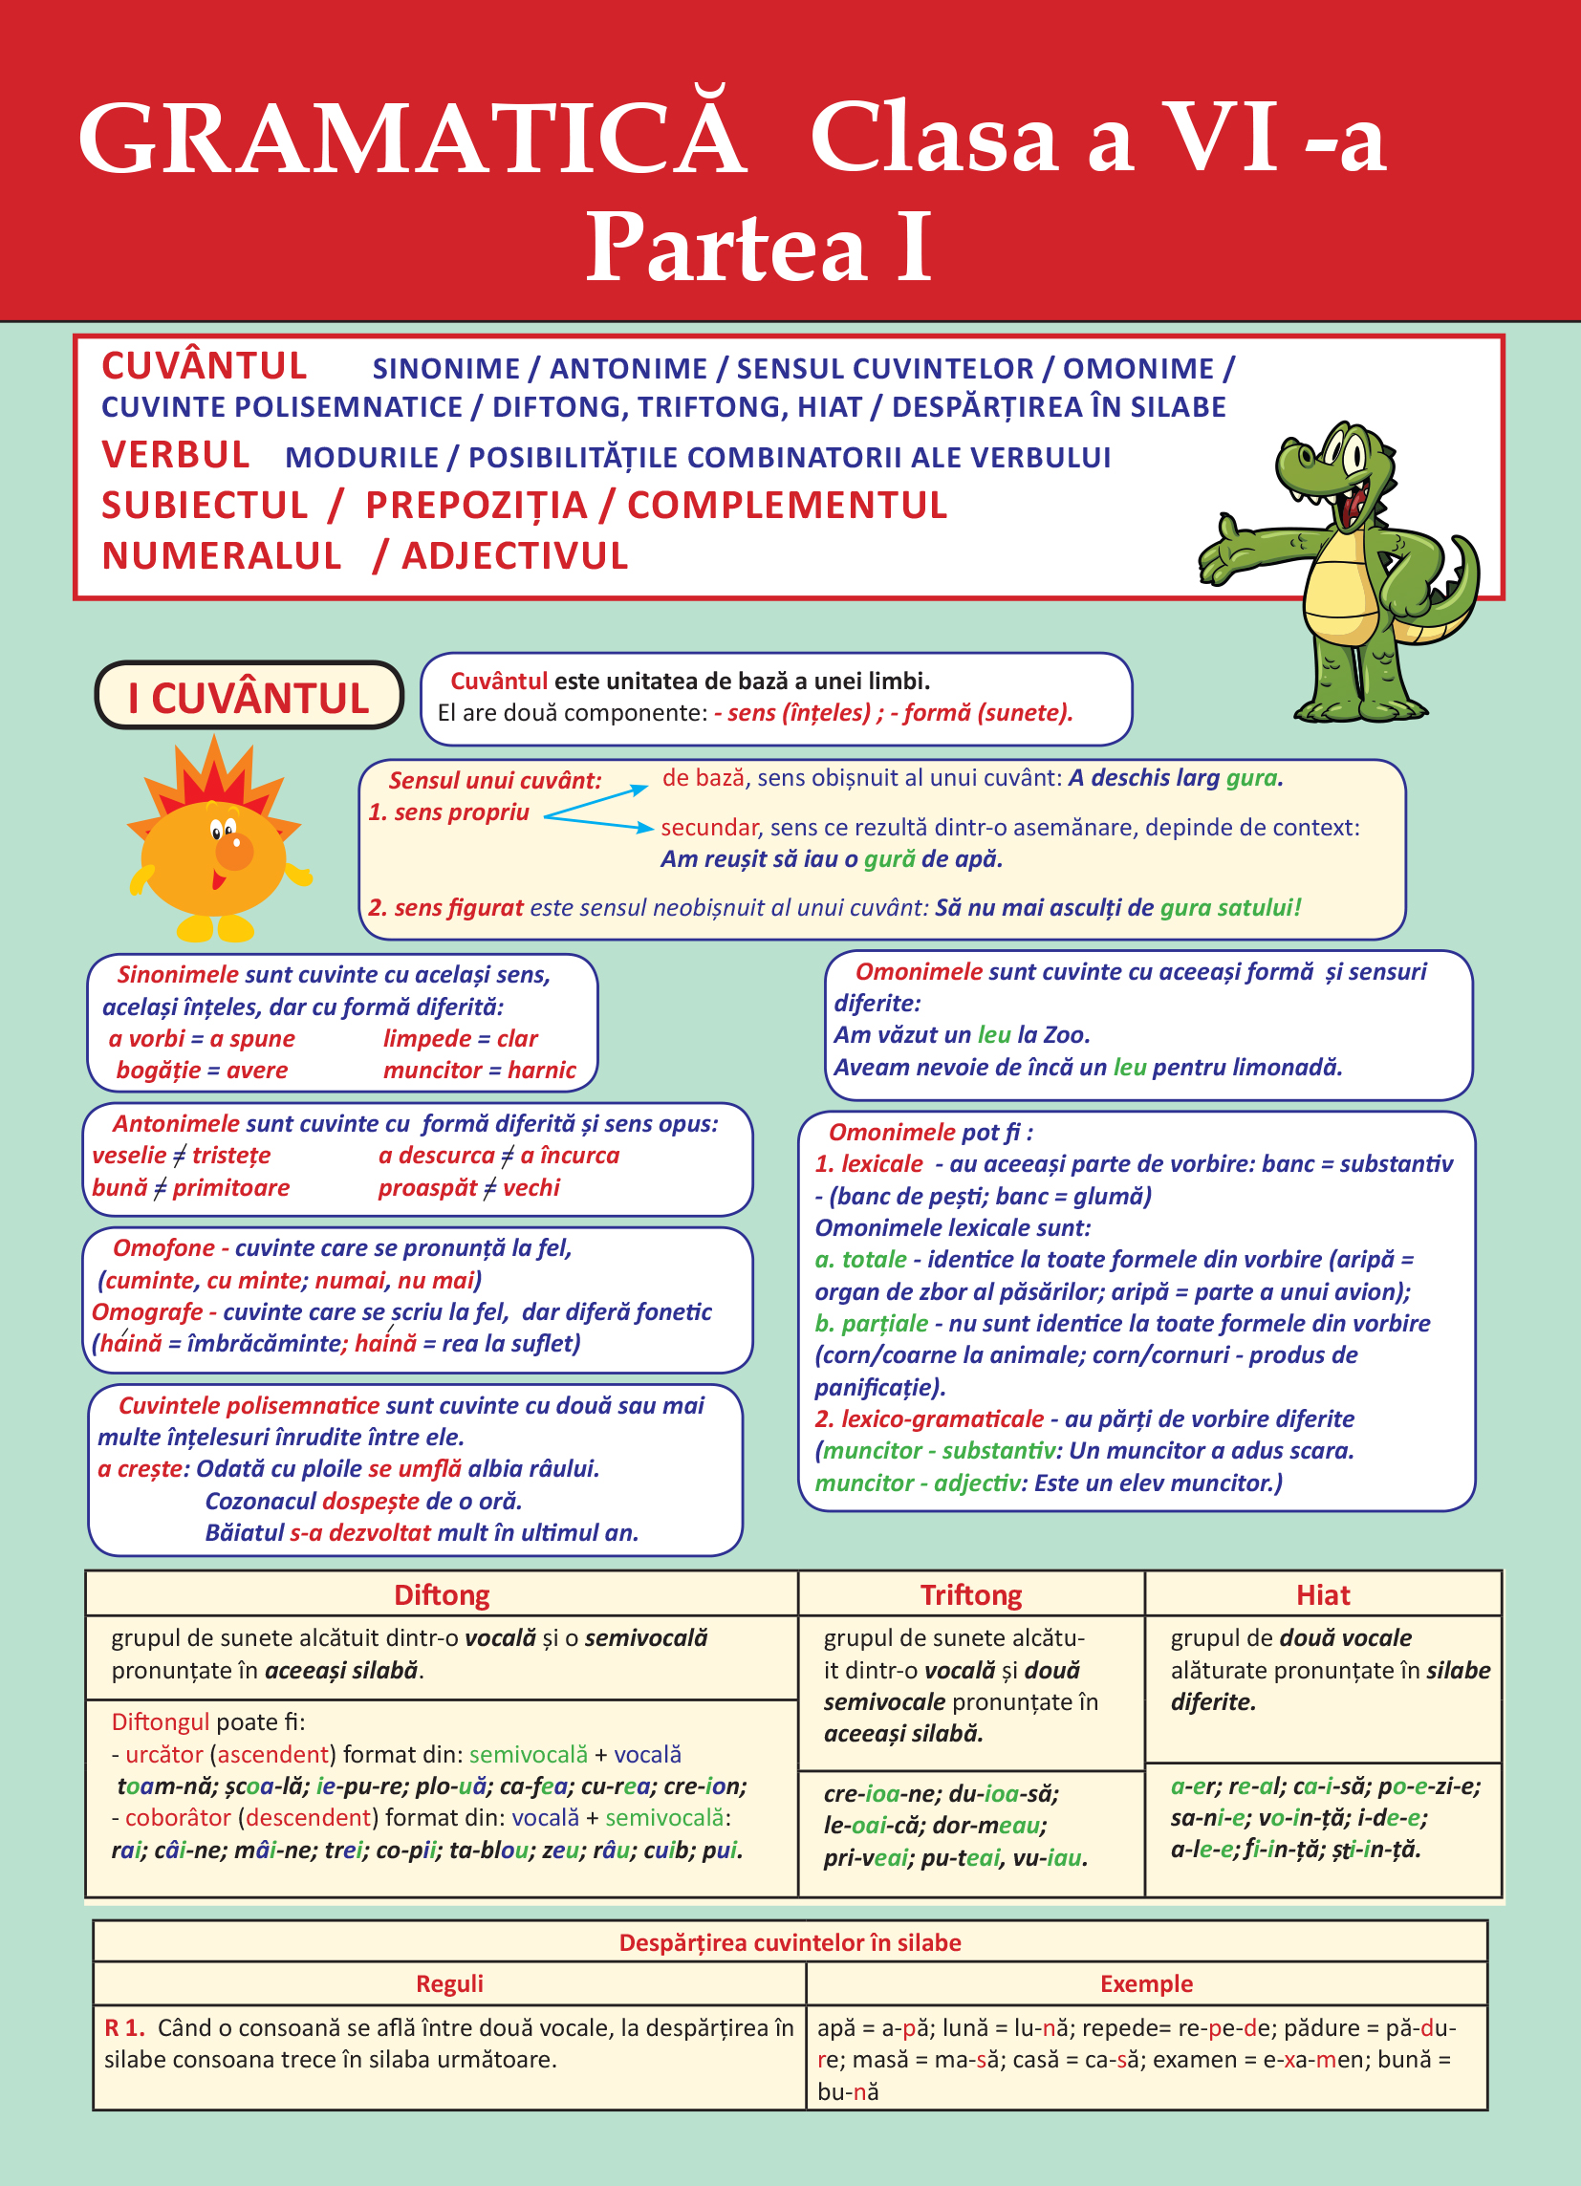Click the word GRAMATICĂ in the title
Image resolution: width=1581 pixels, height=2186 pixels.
point(412,140)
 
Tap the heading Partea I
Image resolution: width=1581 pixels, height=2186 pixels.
point(759,248)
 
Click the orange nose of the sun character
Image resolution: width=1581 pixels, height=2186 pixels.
point(234,851)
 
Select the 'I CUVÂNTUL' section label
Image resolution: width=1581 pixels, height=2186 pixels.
point(249,697)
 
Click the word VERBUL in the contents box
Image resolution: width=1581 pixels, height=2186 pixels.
point(176,455)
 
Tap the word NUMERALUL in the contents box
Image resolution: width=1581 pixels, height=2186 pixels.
point(222,556)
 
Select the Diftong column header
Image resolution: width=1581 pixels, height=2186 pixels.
point(442,1595)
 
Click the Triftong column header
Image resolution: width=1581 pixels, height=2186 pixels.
point(971,1595)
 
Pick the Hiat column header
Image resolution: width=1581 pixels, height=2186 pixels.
point(1323,1595)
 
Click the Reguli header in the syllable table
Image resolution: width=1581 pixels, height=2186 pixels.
point(449,1983)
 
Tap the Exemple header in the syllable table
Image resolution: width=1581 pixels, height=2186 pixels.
point(1146,1983)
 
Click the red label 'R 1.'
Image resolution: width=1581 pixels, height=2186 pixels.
point(124,2028)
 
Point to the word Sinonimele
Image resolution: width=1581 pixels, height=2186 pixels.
point(178,974)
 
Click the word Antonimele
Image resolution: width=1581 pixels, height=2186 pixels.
point(176,1124)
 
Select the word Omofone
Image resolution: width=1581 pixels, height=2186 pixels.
point(163,1248)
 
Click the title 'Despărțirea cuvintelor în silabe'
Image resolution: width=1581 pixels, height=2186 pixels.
point(790,1942)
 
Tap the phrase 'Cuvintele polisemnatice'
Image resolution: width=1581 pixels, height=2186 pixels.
point(249,1405)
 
